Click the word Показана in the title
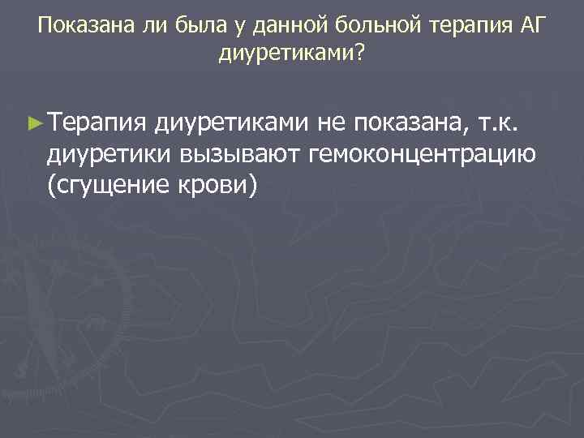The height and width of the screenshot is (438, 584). [x=77, y=25]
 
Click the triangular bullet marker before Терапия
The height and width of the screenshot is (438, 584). [x=33, y=124]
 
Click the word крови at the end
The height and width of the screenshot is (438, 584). [x=217, y=184]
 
